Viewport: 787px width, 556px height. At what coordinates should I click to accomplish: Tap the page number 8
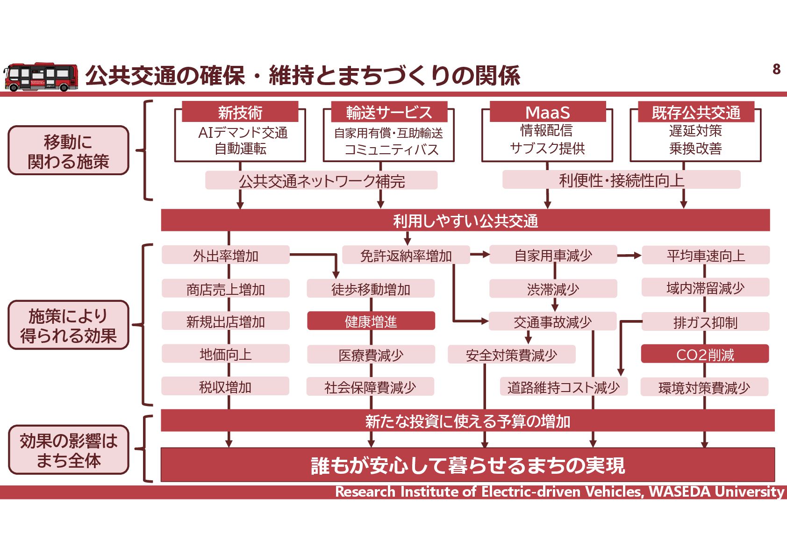pos(776,69)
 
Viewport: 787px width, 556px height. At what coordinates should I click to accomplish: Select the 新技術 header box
pos(240,112)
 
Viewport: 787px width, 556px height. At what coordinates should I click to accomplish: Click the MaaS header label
pos(547,112)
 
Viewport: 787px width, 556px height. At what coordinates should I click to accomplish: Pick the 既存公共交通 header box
pos(696,112)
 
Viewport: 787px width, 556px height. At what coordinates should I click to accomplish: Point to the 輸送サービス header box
pos(389,112)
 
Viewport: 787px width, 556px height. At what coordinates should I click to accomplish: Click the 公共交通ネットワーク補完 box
pos(322,181)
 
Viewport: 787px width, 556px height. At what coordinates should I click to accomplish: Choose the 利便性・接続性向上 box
pos(621,180)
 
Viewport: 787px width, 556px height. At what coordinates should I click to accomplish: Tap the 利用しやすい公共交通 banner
pos(465,221)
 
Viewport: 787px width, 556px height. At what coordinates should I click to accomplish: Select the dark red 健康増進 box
pos(371,321)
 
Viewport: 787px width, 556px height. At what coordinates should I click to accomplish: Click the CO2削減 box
pos(705,355)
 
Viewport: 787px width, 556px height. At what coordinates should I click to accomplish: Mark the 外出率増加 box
pos(226,256)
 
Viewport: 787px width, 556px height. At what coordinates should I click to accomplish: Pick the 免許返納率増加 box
pos(406,256)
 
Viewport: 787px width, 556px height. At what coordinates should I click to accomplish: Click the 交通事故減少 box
pos(552,321)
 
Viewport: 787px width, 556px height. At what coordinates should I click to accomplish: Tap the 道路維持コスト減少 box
pos(563,387)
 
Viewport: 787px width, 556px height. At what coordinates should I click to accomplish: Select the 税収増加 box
pos(225,387)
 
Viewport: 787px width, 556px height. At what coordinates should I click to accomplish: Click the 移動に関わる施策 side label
pos(68,151)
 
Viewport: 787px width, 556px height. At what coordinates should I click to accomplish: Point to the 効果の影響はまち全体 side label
pos(68,450)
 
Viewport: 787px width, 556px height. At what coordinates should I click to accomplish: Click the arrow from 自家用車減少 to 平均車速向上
pos(629,256)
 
